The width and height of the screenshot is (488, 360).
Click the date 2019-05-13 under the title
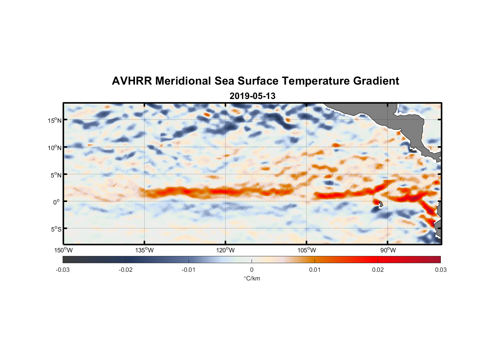click(x=252, y=96)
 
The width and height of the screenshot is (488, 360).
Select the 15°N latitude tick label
click(x=55, y=120)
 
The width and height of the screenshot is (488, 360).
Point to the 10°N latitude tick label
click(x=55, y=148)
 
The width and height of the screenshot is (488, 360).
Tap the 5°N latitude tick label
click(x=56, y=175)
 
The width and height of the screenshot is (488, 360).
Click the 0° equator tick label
click(x=57, y=202)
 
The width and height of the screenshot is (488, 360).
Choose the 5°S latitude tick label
click(x=56, y=229)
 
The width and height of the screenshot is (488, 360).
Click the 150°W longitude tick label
click(x=63, y=250)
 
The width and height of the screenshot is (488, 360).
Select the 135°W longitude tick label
click(x=144, y=250)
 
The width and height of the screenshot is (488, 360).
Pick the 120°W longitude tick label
click(x=225, y=250)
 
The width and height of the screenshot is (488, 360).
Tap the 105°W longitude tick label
click(x=307, y=250)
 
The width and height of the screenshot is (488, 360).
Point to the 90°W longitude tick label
click(x=388, y=250)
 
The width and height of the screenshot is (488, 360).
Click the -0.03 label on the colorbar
click(x=63, y=270)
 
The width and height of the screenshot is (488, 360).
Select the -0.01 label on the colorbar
click(x=189, y=270)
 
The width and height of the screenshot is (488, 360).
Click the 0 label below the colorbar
click(x=252, y=270)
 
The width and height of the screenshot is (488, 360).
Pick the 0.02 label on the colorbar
click(x=378, y=270)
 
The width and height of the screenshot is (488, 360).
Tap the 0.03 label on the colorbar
click(x=440, y=270)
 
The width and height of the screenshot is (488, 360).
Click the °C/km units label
click(x=252, y=278)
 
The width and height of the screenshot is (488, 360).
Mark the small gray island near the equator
click(x=381, y=204)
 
